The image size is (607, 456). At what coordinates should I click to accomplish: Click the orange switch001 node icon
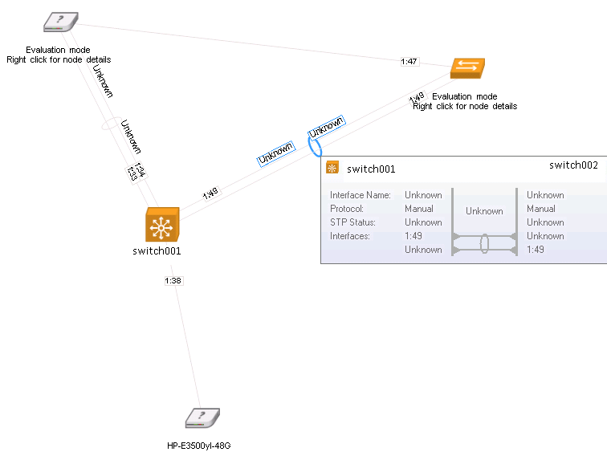[162, 225]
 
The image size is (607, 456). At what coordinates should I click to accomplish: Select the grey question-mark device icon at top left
[61, 22]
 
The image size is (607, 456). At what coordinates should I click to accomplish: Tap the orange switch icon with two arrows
[468, 68]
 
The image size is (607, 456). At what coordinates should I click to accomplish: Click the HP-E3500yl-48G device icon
[202, 418]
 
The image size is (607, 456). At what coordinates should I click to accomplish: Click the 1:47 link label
[409, 61]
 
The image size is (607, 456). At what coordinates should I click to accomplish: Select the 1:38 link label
[173, 281]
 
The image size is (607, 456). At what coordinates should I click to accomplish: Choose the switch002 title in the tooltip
[573, 165]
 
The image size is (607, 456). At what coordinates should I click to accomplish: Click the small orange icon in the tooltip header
[332, 168]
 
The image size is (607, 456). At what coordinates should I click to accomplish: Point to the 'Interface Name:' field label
[361, 195]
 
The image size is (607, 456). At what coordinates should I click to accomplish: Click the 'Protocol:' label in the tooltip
[348, 209]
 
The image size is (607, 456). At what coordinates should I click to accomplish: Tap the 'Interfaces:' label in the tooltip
[349, 236]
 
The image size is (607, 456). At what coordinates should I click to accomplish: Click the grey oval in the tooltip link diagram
[485, 243]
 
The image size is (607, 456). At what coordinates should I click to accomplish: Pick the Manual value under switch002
[541, 209]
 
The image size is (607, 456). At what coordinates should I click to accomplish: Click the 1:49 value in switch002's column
[536, 250]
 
